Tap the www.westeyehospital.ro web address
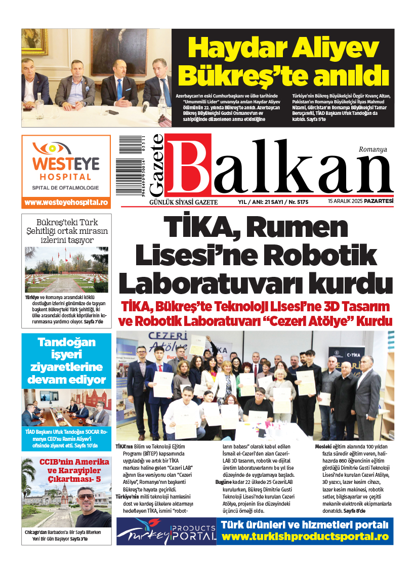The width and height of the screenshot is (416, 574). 66,202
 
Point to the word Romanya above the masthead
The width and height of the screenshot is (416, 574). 372,149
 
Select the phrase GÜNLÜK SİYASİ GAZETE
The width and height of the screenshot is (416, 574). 170,202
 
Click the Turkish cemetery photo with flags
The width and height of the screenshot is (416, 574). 66,270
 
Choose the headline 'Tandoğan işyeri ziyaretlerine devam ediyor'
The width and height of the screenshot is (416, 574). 66,361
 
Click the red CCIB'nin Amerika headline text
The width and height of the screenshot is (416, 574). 66,469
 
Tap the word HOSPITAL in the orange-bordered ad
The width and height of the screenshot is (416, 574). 66,177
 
